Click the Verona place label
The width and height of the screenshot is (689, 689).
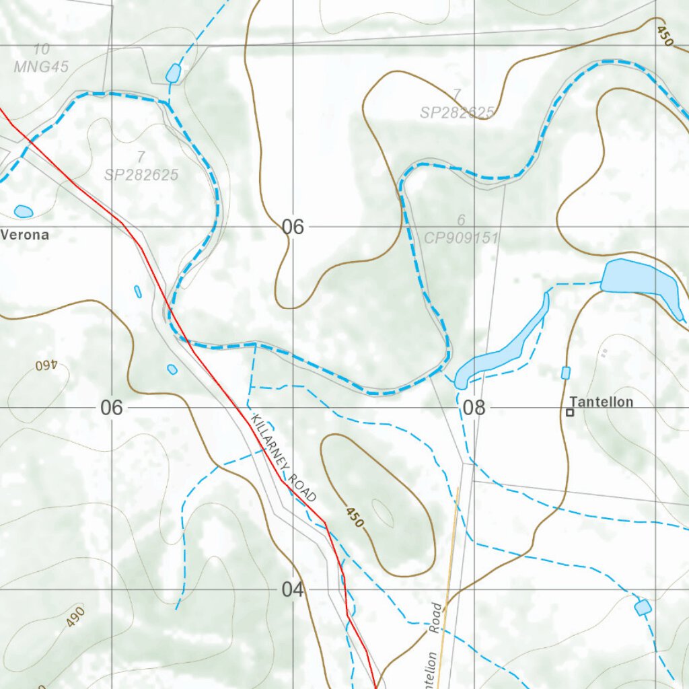pyautogui.click(x=25, y=235)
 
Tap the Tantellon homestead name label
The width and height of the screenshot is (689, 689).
pyautogui.click(x=602, y=402)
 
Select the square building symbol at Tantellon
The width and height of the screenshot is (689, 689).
pyautogui.click(x=570, y=412)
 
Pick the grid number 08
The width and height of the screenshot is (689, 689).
pyautogui.click(x=474, y=408)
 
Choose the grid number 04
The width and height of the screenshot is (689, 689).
pyautogui.click(x=293, y=590)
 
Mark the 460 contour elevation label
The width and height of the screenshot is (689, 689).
pyautogui.click(x=46, y=365)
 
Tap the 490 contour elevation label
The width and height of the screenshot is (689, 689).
pyautogui.click(x=75, y=616)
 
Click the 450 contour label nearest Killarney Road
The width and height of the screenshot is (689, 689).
pyautogui.click(x=355, y=517)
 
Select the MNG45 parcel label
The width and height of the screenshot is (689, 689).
pyautogui.click(x=41, y=67)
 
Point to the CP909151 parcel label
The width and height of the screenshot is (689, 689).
pyautogui.click(x=461, y=238)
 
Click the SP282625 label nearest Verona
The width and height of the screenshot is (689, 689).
pyautogui.click(x=141, y=175)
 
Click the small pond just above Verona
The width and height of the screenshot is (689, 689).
pyautogui.click(x=23, y=211)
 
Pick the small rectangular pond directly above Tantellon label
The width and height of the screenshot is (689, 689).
pyautogui.click(x=565, y=373)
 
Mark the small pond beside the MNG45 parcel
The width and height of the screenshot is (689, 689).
pyautogui.click(x=173, y=73)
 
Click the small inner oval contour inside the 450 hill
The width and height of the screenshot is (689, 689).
pyautogui.click(x=382, y=513)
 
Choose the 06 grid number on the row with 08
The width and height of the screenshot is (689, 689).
pyautogui.click(x=112, y=408)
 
